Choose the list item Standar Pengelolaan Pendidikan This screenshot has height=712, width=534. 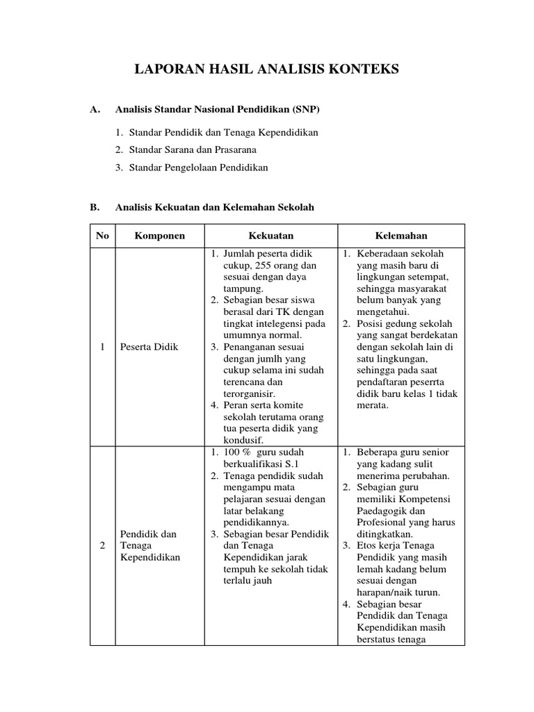[191, 168]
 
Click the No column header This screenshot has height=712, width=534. [102, 236]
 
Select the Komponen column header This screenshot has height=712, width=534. [160, 236]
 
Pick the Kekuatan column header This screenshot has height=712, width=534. [271, 236]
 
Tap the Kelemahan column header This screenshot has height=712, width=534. [401, 236]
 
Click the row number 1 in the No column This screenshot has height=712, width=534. [102, 347]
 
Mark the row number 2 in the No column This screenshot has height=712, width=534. [102, 546]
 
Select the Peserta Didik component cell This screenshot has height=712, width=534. [149, 347]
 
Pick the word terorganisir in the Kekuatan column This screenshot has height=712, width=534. [250, 394]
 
